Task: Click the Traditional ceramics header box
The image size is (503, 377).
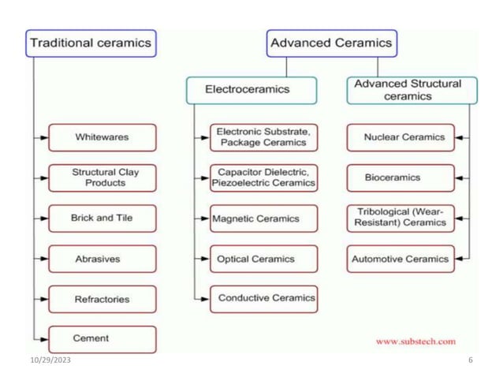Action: click(x=90, y=43)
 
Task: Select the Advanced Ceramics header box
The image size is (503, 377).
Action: click(x=330, y=43)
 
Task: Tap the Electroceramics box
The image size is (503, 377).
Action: click(x=251, y=90)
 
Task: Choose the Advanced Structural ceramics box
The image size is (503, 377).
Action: click(x=408, y=90)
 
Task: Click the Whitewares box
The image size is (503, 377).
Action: click(x=102, y=137)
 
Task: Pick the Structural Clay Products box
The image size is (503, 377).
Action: click(x=102, y=177)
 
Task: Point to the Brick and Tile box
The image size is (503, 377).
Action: click(x=102, y=218)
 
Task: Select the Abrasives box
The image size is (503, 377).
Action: click(x=102, y=259)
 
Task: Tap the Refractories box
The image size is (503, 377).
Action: click(x=102, y=299)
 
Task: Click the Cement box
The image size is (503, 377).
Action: click(x=102, y=339)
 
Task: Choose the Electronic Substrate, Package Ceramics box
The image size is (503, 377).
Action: click(x=263, y=137)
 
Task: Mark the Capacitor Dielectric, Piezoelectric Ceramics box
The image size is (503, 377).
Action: click(x=263, y=177)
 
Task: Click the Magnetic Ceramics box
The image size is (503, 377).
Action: click(x=263, y=218)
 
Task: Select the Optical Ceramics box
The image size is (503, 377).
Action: click(x=263, y=259)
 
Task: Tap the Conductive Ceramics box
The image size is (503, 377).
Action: click(x=263, y=298)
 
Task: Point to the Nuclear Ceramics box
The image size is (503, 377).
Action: click(x=401, y=137)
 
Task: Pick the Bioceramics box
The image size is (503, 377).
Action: click(x=401, y=177)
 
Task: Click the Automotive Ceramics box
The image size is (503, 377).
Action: click(x=401, y=259)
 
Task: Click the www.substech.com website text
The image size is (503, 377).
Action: click(x=415, y=342)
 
